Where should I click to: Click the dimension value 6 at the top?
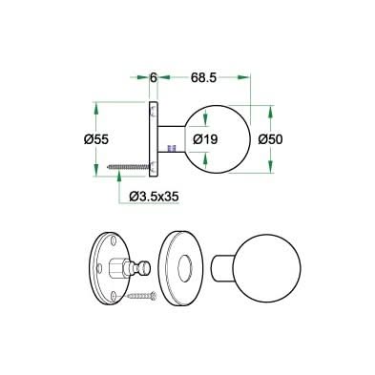(153, 72)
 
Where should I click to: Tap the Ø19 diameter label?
(207, 139)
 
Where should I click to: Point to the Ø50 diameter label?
(272, 139)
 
